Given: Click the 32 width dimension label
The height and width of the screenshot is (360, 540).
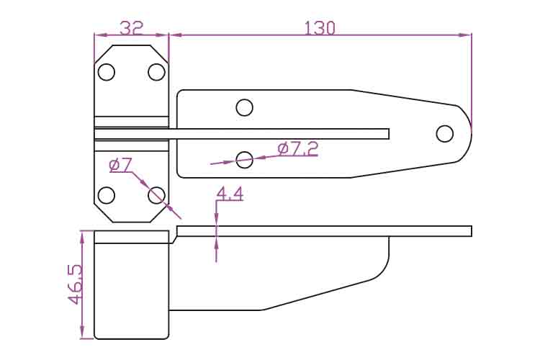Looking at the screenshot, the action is [131, 27].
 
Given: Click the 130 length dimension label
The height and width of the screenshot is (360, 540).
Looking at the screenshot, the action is [320, 28].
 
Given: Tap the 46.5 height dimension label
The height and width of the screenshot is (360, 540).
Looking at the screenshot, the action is [75, 284].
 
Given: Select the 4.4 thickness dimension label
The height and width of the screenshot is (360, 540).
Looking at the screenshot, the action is [230, 194].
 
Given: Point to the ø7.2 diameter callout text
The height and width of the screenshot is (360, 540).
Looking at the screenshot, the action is [298, 149].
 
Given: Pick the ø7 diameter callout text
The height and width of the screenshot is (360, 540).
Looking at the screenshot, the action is [120, 166].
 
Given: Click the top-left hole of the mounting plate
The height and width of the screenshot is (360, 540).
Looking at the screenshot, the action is [107, 72].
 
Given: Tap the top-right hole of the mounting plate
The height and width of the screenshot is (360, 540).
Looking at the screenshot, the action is [156, 72].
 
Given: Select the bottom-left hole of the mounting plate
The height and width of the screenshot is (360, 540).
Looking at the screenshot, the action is [107, 195].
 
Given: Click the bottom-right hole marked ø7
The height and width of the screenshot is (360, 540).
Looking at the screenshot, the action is [156, 195].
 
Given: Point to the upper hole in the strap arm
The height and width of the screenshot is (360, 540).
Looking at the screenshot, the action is [245, 107].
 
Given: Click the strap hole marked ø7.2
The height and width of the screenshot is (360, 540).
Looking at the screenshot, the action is [245, 160].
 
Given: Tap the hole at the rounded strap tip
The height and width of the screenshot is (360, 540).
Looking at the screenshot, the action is [445, 134].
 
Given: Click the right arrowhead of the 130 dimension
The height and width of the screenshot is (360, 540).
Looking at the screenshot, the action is [466, 35].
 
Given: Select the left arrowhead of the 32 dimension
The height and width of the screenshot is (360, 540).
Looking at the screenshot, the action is [100, 35].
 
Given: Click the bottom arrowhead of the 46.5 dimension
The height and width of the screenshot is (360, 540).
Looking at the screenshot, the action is [82, 333].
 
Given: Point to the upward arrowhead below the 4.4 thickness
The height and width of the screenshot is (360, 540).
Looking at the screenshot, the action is [216, 243].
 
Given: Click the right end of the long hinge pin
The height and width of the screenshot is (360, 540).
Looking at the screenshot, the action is [389, 134].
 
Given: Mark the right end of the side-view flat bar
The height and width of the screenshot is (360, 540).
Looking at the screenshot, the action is [472, 231].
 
